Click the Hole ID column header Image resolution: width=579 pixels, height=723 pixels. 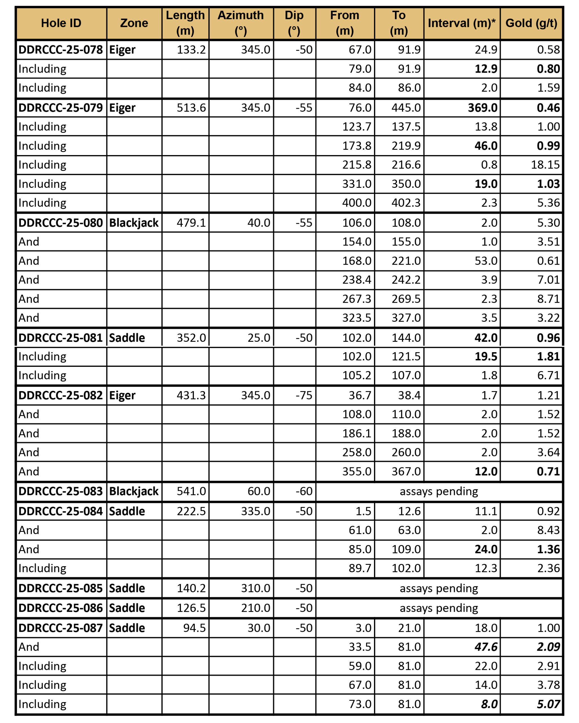coord(61,23)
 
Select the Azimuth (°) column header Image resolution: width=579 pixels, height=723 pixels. coord(241,23)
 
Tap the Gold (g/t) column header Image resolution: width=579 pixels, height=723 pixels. coord(531,23)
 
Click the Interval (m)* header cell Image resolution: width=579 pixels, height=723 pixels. coord(461,23)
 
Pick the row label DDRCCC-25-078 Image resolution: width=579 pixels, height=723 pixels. coord(61,50)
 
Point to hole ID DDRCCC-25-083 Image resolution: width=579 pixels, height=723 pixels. coord(61,491)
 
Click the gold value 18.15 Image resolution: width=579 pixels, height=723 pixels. coord(545,165)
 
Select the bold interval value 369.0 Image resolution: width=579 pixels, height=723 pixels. coord(482,108)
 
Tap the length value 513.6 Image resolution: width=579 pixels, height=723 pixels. coord(191,108)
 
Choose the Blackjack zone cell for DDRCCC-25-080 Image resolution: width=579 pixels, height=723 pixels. coord(134,223)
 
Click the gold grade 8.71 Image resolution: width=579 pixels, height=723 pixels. coord(548,299)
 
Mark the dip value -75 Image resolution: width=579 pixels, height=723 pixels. coord(304,395)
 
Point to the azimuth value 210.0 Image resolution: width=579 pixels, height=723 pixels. coord(255,608)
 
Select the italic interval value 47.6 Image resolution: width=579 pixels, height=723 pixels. coord(486,647)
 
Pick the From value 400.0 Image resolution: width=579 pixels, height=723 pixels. coord(357,203)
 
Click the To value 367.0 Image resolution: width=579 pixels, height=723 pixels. coord(406,471)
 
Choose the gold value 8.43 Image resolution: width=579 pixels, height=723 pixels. coord(548,530)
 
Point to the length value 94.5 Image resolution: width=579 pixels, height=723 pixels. coord(194,628)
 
